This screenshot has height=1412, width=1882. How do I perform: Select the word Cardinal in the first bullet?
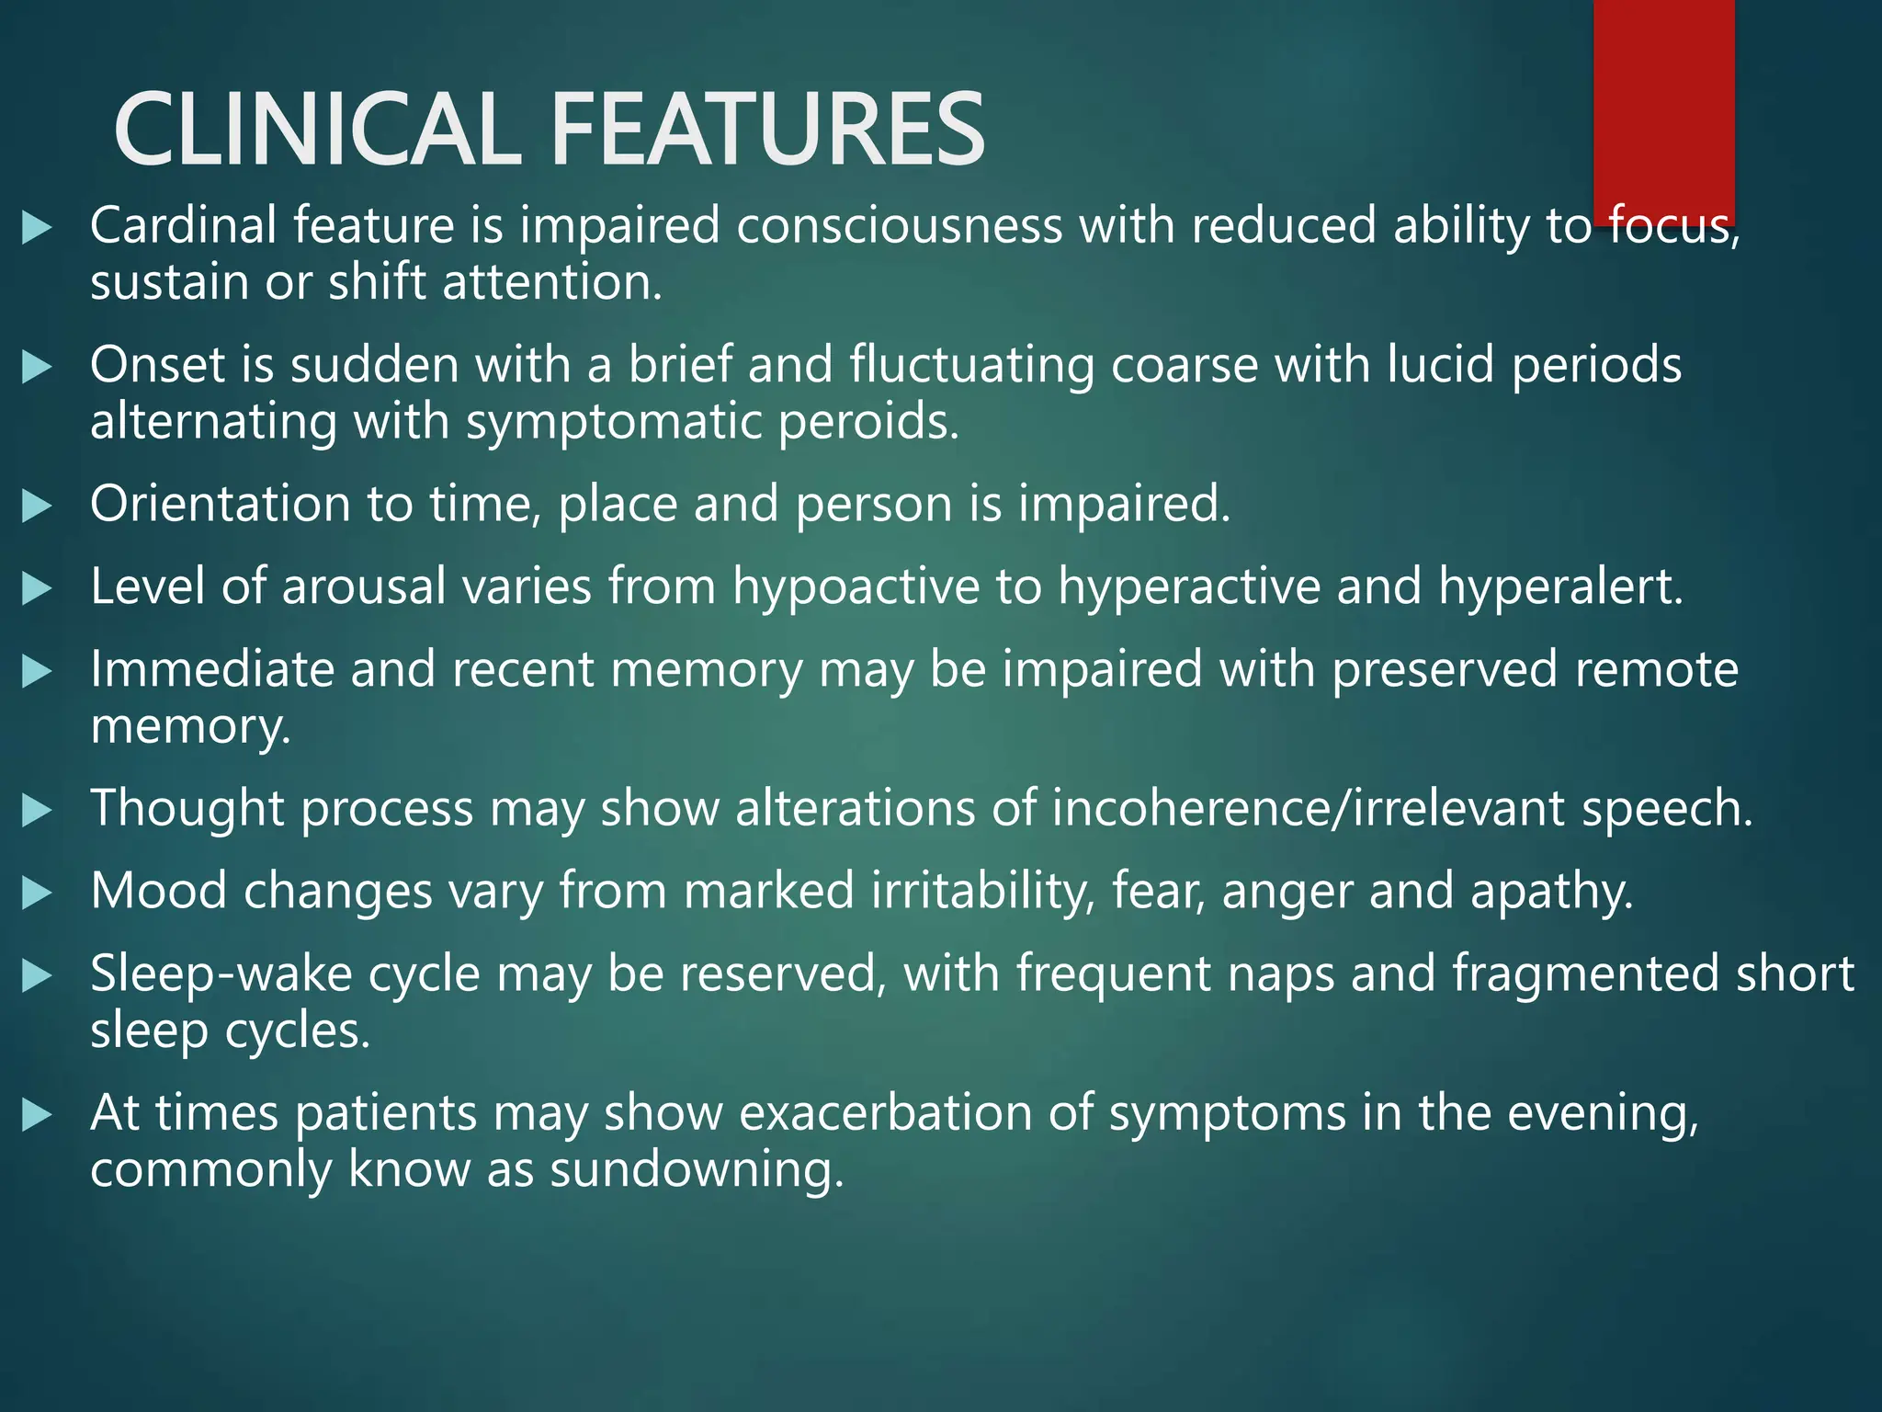[x=183, y=225]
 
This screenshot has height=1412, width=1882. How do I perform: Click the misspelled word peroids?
[x=867, y=422]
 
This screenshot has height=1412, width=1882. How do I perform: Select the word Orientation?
[x=220, y=504]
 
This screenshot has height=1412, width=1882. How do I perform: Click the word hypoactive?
[x=856, y=586]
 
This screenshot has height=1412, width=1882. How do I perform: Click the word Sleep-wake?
[x=221, y=974]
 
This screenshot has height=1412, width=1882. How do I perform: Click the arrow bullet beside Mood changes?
[x=36, y=893]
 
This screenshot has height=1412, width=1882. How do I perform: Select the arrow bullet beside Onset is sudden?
[x=36, y=367]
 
